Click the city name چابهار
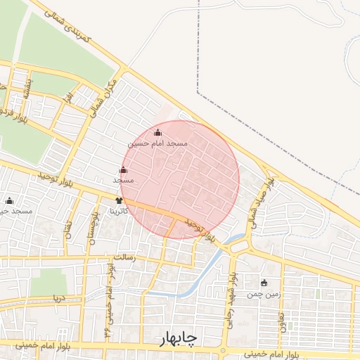pos(170,340)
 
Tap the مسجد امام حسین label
pos(157,143)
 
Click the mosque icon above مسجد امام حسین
pos(157,132)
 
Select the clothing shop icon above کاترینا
pos(119,201)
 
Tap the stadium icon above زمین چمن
pos(264,283)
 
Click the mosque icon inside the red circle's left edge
pos(124,169)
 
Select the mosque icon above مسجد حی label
pos(9,200)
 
